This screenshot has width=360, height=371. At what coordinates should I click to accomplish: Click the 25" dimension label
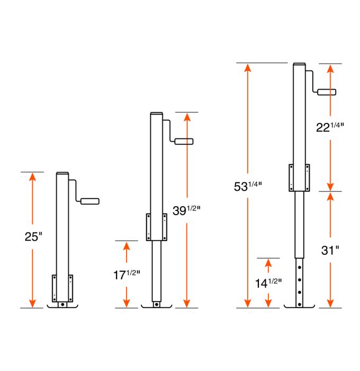tap(33, 237)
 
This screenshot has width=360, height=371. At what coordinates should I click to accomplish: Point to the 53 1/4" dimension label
tap(247, 186)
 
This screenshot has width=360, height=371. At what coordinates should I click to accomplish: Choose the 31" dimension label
tap(330, 250)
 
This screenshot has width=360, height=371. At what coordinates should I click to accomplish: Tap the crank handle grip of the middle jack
tap(184, 142)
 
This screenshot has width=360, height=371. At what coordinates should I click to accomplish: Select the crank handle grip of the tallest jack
tap(326, 92)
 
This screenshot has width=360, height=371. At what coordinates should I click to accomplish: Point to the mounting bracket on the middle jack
tap(156, 227)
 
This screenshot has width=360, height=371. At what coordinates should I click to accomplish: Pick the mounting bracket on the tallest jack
tap(299, 178)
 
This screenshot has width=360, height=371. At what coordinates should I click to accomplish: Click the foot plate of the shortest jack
tap(62, 306)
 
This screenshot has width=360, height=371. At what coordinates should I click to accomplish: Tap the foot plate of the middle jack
tap(156, 306)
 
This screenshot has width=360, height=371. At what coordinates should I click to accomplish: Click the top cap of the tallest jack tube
tap(299, 65)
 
